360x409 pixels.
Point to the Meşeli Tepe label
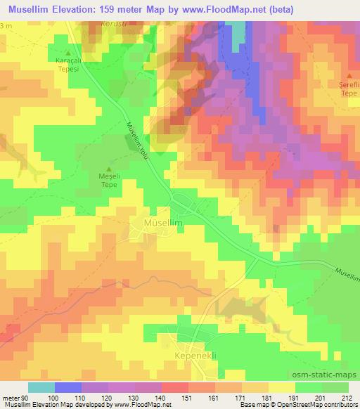coord(108,181)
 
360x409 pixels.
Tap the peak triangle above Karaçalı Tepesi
coord(68,53)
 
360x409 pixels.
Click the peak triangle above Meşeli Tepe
coord(108,168)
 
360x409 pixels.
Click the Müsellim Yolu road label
coord(136,138)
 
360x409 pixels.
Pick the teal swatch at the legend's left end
coord(41,387)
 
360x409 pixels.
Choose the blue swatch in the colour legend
coord(67,387)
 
